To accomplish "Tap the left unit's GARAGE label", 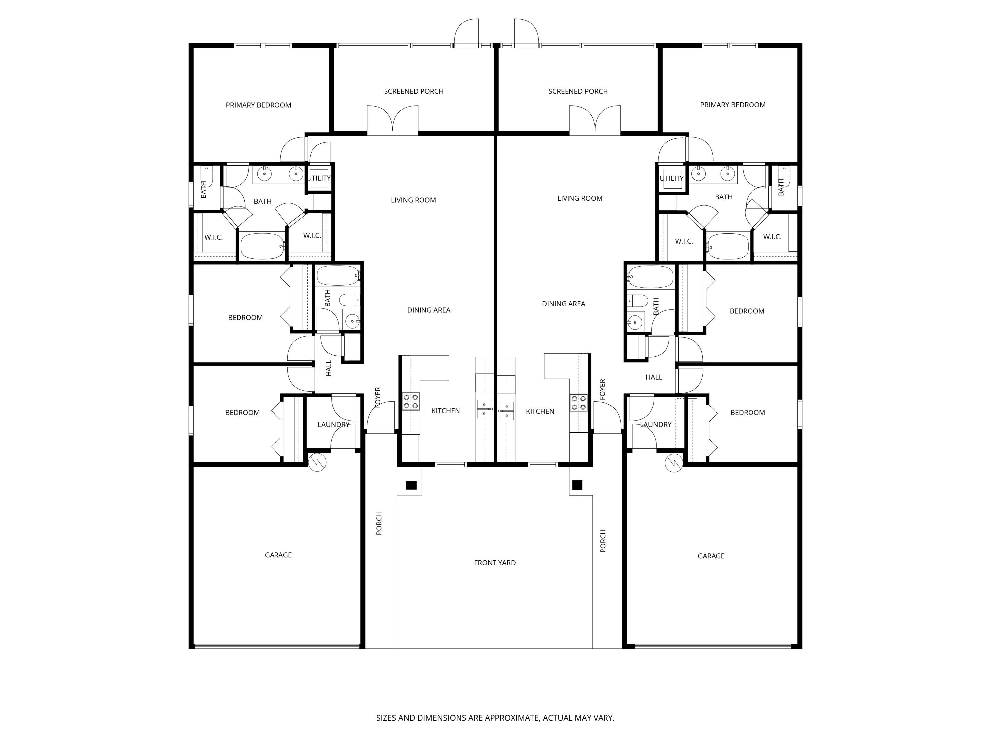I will pos(278,555).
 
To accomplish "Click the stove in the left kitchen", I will pos(410,401).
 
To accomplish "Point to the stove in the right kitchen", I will pos(578,403).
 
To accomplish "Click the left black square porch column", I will pos(411,485).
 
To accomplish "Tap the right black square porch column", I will pos(577,485).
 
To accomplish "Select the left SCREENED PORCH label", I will pos(414,91).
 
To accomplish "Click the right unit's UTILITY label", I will pos(671,178).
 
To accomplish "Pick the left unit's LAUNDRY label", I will pos(333,425).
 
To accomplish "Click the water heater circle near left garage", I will pos(317,462).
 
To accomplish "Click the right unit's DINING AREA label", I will pos(563,304).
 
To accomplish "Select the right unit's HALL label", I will pos(654,377).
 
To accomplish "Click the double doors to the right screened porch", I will pos(595,120).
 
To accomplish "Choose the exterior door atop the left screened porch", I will pos(466,34).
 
